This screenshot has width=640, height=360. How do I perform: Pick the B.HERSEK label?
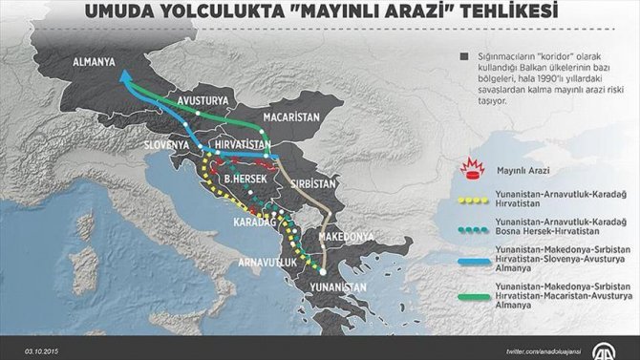point(247,177)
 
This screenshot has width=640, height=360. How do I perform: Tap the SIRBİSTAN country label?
point(315,181)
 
